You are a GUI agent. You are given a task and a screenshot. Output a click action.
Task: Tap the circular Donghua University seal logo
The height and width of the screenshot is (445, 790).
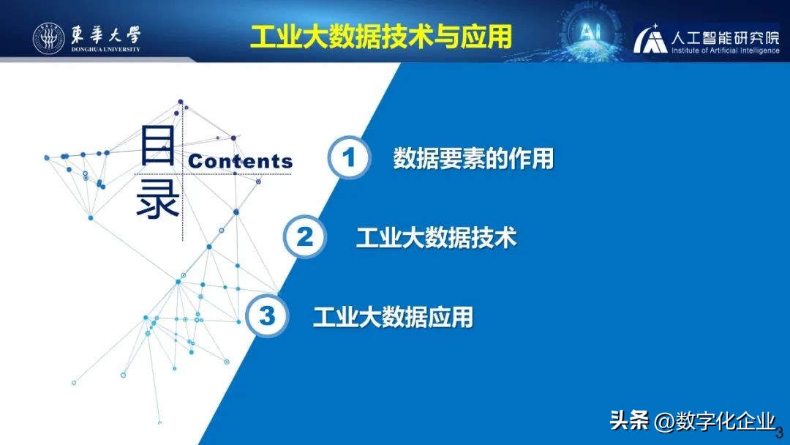(x=49, y=39)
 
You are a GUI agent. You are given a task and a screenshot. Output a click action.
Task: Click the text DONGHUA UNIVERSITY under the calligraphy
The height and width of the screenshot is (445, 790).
(x=105, y=51)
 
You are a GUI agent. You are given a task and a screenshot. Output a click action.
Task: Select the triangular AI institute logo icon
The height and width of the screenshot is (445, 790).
(x=651, y=41)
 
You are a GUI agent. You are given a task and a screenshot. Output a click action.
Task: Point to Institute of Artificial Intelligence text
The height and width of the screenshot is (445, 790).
(x=725, y=51)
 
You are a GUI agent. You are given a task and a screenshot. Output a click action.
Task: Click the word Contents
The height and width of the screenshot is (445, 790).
(x=241, y=161)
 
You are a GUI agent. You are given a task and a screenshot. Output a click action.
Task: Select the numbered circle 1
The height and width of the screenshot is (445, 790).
(x=349, y=157)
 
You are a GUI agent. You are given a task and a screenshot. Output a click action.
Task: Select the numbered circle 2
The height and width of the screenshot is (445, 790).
(x=305, y=236)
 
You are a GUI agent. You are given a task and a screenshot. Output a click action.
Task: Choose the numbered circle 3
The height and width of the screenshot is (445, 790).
(x=268, y=316)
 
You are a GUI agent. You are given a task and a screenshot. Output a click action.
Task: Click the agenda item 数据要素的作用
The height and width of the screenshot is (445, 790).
(x=473, y=158)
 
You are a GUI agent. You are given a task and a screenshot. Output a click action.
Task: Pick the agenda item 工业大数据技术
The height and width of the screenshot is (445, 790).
(x=436, y=237)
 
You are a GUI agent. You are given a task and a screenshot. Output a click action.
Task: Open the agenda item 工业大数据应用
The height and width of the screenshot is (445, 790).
(x=393, y=317)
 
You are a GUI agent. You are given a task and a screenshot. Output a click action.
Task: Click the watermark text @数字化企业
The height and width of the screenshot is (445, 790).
(x=715, y=421)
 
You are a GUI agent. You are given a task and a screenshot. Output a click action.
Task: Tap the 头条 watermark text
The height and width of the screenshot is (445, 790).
(x=629, y=421)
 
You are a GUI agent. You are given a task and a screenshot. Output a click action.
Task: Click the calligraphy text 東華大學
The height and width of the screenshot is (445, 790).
(x=105, y=34)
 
